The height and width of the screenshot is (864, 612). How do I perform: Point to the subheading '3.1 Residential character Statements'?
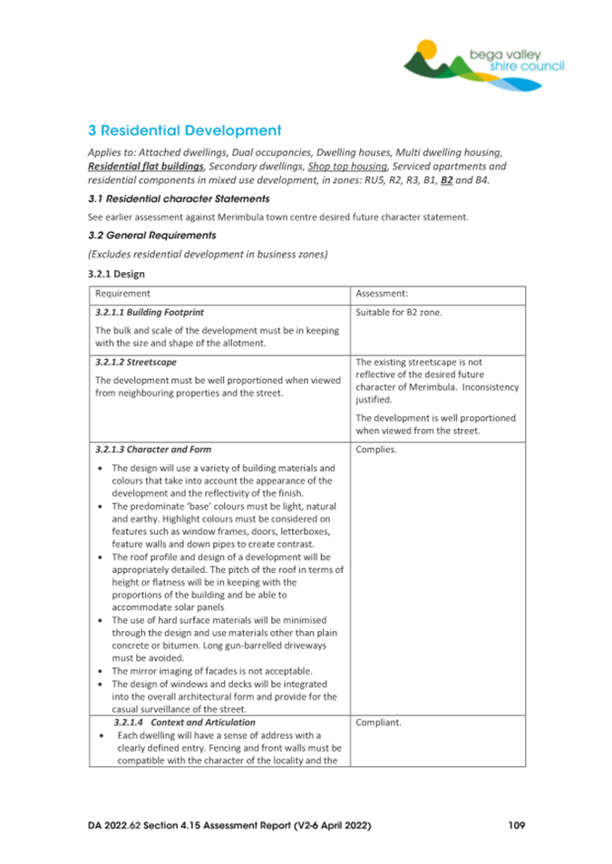point(178,198)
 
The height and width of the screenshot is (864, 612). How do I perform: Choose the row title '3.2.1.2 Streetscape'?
point(133,360)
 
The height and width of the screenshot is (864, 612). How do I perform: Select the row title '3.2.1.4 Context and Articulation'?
point(184,722)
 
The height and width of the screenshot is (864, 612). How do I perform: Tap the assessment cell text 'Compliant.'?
point(380,723)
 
